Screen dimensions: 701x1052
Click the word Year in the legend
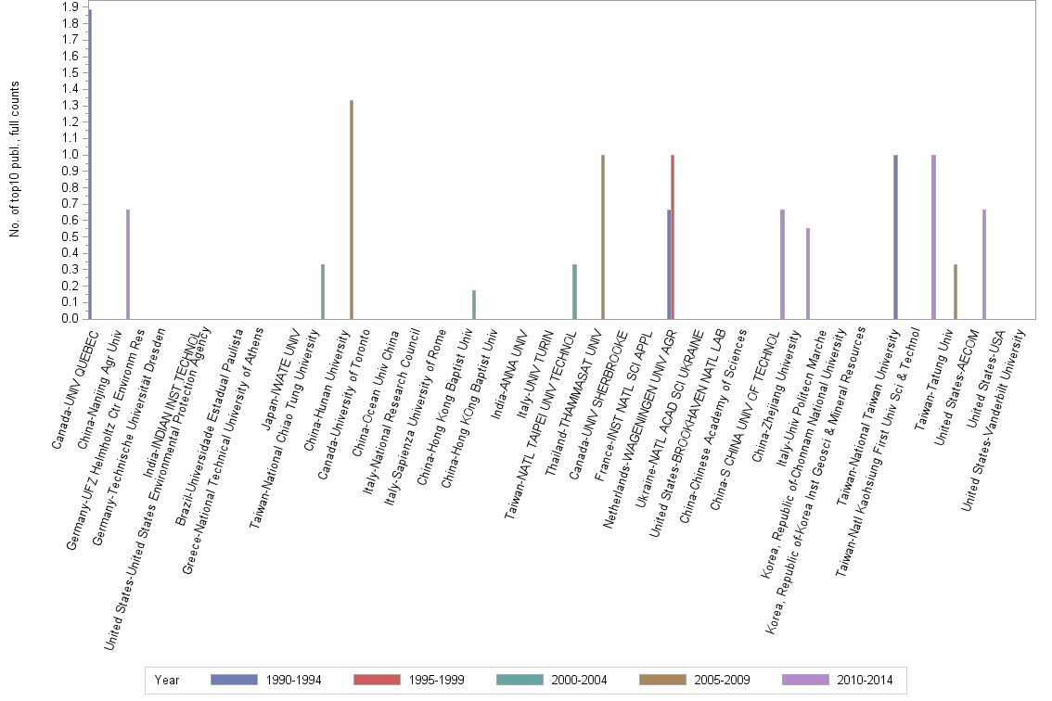[167, 680]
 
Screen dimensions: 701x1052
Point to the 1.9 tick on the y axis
[70, 7]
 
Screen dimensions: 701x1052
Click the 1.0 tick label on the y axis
[70, 155]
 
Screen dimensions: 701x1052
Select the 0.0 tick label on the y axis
[70, 319]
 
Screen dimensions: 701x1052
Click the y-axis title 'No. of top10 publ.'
[14, 159]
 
